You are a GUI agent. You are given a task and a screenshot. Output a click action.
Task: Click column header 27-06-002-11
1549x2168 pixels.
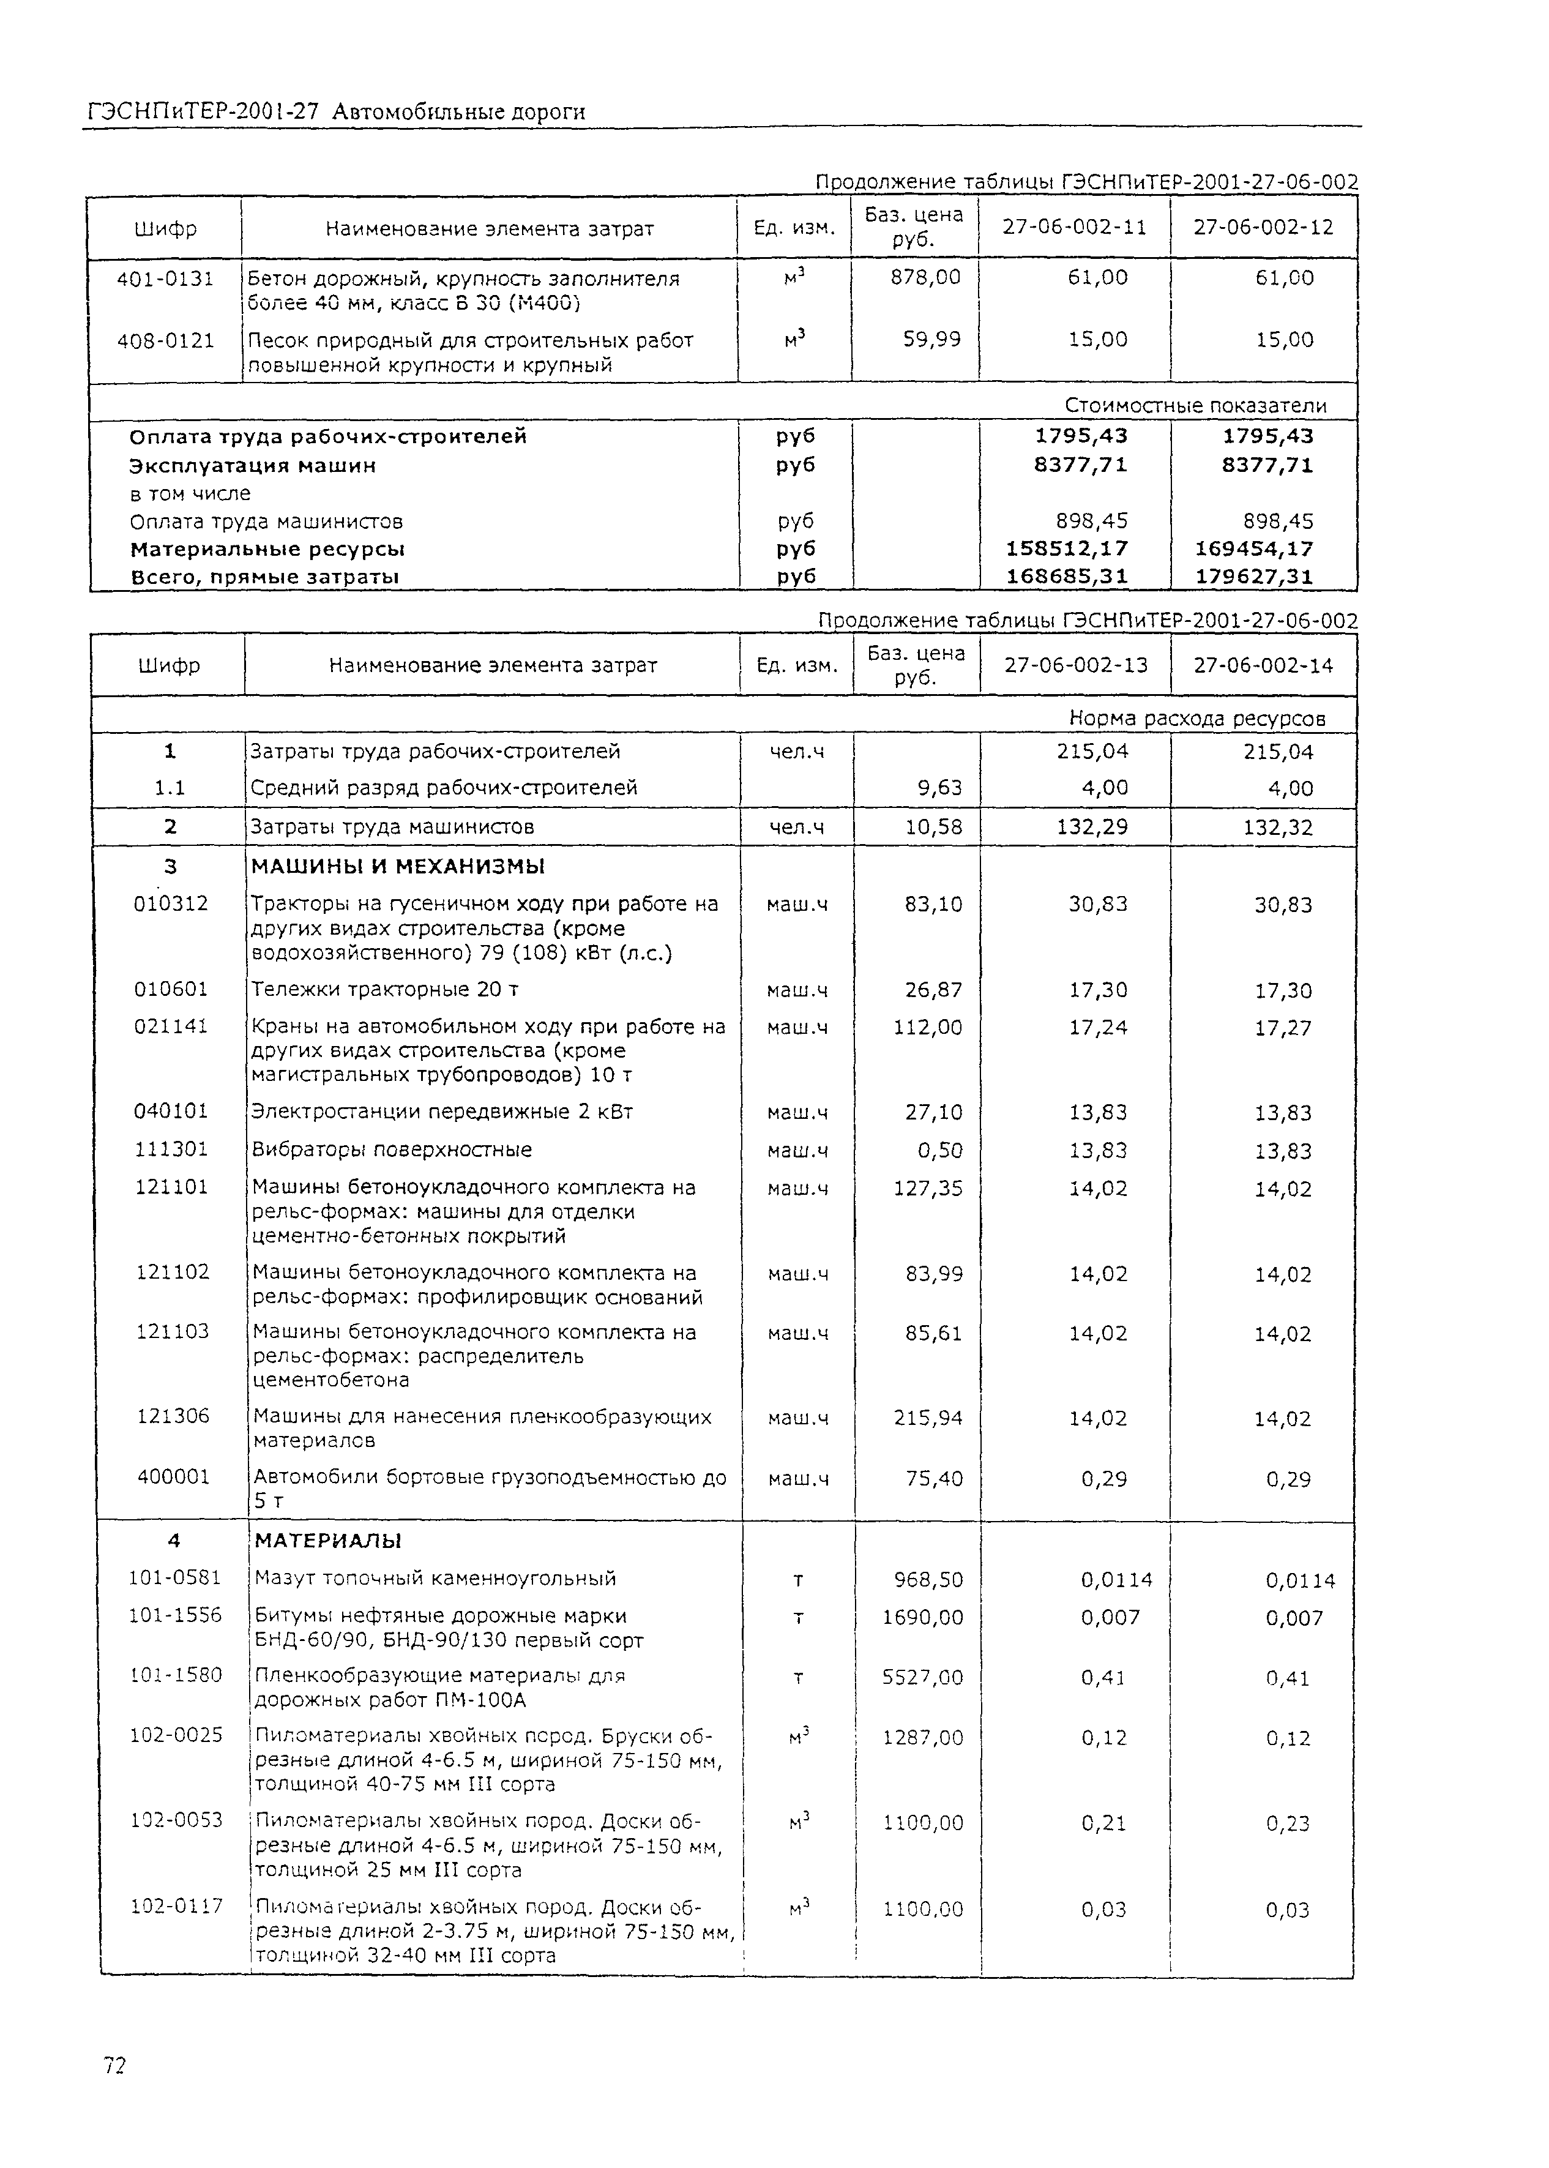1074,227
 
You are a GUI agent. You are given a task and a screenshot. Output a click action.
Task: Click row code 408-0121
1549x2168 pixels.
165,340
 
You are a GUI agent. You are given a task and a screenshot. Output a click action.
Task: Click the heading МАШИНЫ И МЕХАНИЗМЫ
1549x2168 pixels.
398,866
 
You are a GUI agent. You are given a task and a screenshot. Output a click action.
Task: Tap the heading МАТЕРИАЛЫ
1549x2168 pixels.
326,1541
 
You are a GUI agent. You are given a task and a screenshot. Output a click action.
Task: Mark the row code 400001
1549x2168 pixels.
173,1476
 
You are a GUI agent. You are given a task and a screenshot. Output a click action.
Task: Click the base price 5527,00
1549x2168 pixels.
922,1676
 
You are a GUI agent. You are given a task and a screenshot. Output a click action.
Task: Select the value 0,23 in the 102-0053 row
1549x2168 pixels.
1288,1823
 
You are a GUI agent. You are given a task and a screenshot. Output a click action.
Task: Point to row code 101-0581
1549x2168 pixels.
174,1577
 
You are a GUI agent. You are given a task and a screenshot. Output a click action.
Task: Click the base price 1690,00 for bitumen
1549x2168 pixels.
922,1617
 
